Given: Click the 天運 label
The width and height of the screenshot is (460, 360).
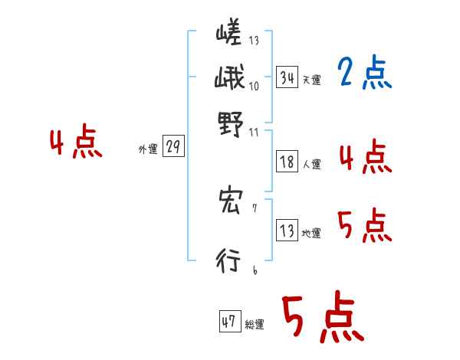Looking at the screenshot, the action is pyautogui.click(x=312, y=80).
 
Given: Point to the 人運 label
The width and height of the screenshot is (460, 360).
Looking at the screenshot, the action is pyautogui.click(x=312, y=164).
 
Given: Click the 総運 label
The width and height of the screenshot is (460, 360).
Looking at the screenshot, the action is pyautogui.click(x=255, y=324).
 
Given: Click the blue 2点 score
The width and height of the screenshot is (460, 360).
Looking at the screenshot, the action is pyautogui.click(x=365, y=74).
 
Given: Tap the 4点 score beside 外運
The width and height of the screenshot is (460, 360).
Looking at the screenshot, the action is pyautogui.click(x=76, y=144).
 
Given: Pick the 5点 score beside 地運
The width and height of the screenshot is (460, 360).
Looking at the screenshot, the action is pyautogui.click(x=365, y=227).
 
